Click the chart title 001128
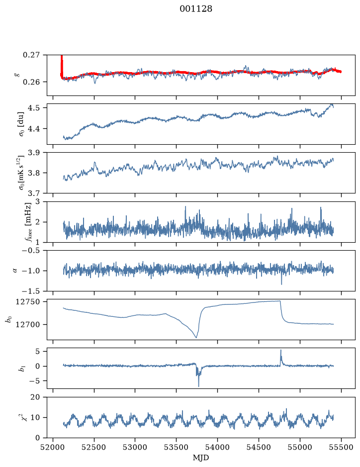(195, 9)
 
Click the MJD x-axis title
(201, 458)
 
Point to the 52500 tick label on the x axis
(94, 447)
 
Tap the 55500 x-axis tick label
(341, 447)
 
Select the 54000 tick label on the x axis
(217, 447)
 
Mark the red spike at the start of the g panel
(62, 64)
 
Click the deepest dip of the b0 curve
(196, 337)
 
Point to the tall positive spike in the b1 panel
(280, 351)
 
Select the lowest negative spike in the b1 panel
(198, 386)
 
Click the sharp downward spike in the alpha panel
(281, 284)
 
